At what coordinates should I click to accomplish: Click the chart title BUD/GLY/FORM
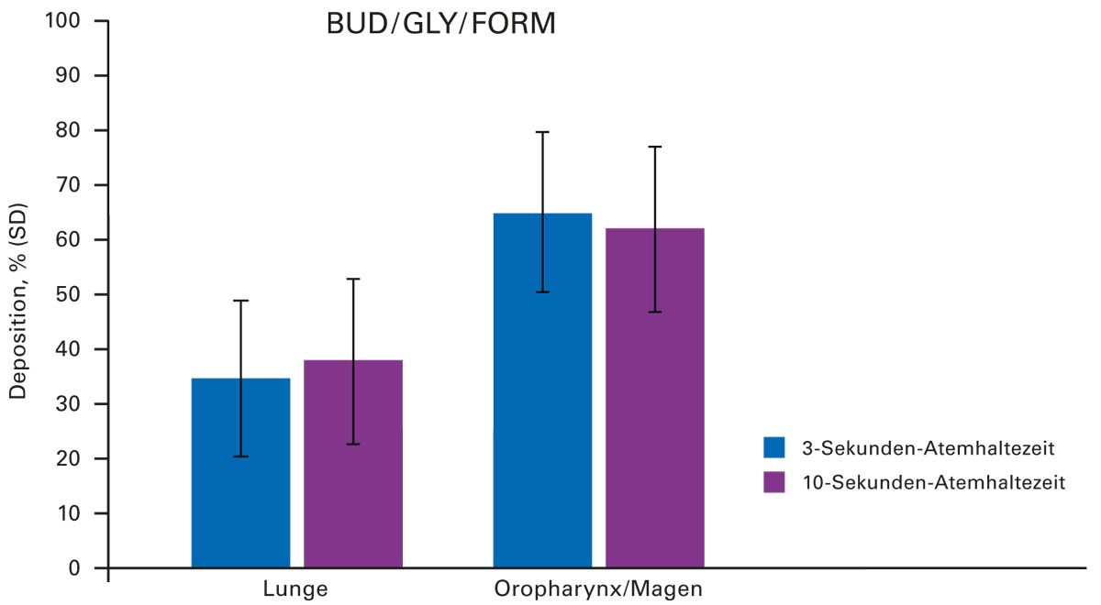coord(441,24)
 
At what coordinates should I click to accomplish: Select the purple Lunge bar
coord(353,477)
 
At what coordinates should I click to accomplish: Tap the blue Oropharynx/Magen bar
coord(542,412)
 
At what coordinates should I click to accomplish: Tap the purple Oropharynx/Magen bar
coord(655,412)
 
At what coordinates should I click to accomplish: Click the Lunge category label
coord(296,588)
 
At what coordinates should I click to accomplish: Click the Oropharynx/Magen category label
coord(599,588)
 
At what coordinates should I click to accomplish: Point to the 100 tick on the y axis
coord(68,20)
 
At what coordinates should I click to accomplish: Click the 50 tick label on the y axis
coord(72,294)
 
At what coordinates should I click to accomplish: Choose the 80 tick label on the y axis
coord(72,130)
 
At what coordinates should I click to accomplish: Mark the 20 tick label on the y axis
coord(72,458)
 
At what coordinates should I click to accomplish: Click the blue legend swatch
coord(774,447)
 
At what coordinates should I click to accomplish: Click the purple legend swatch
coord(774,482)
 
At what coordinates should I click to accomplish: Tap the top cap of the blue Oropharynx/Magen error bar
coord(542,132)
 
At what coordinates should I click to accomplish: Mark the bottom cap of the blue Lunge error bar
coord(240,456)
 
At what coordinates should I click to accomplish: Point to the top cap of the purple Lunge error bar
coord(353,279)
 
